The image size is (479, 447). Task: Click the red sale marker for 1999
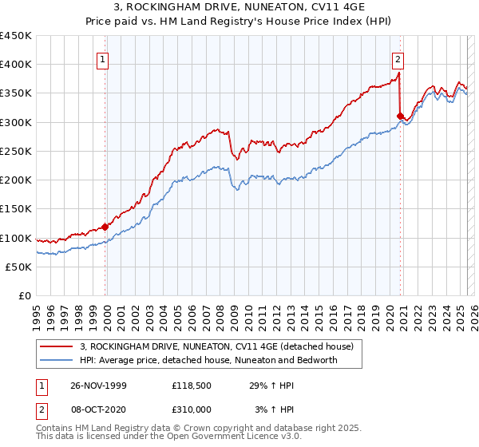coord(105,227)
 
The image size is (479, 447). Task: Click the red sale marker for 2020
coord(399,116)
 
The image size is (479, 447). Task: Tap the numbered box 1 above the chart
coord(104,57)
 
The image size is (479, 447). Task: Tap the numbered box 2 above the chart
coord(398,57)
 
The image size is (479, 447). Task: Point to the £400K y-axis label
coord(16,65)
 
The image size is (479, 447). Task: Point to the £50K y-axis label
coord(18,267)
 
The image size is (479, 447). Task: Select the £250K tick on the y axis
coord(16,151)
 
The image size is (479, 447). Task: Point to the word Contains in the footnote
coord(55,429)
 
